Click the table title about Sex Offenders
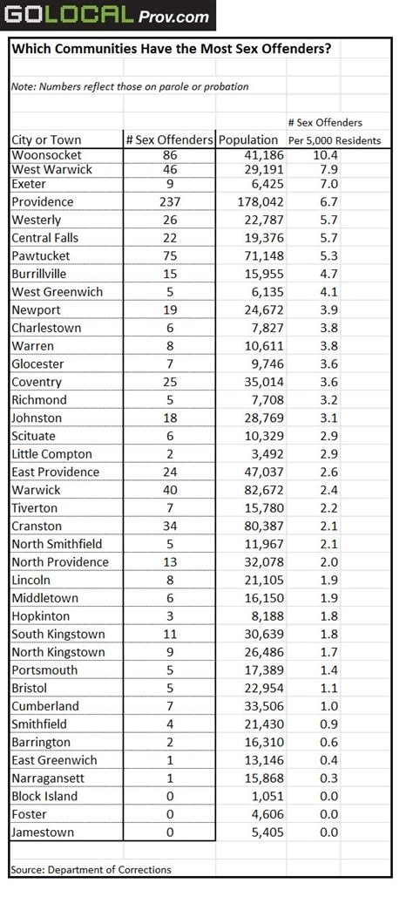[x=171, y=50]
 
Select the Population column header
[x=248, y=139]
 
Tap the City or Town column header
[x=46, y=139]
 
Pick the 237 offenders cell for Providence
[x=170, y=201]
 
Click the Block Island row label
[x=44, y=796]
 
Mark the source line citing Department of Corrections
[x=91, y=869]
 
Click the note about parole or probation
[x=130, y=86]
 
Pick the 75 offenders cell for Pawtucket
[x=170, y=255]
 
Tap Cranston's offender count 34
[x=170, y=526]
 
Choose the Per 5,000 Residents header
[x=335, y=139]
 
